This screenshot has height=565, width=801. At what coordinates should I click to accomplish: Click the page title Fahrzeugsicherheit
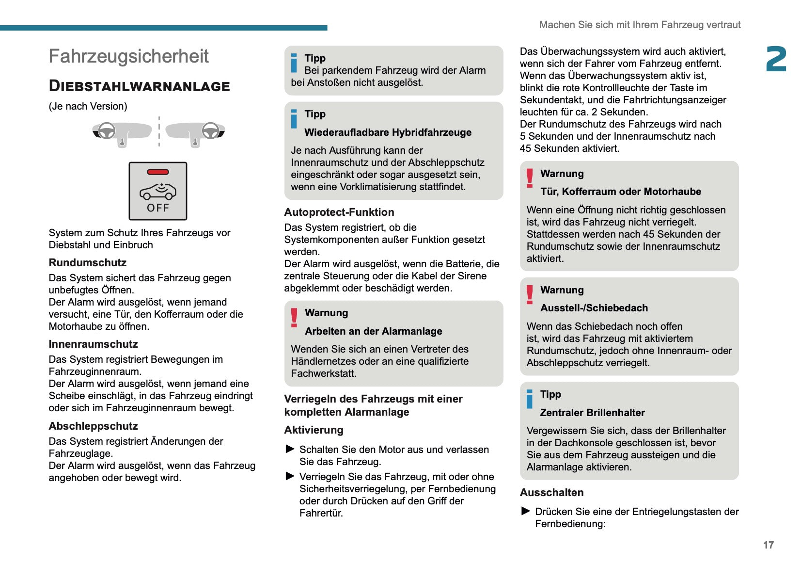click(x=128, y=57)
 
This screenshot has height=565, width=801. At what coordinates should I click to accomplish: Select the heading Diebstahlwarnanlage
click(x=139, y=86)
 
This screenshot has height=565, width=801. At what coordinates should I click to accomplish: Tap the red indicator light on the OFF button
click(x=158, y=172)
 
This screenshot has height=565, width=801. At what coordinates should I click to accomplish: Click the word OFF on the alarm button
click(x=158, y=208)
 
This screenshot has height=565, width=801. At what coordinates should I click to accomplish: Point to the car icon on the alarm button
click(x=158, y=191)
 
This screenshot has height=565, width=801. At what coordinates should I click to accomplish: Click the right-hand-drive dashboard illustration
click(x=195, y=132)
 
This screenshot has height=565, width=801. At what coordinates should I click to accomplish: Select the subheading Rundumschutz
click(x=87, y=263)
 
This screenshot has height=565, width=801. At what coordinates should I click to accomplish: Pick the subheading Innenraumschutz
click(x=93, y=344)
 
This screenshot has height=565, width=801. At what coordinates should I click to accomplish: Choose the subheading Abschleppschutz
click(x=93, y=426)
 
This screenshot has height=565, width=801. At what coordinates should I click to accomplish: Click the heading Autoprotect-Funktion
click(x=339, y=212)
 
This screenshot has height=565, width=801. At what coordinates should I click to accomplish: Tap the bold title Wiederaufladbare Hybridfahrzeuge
click(x=388, y=132)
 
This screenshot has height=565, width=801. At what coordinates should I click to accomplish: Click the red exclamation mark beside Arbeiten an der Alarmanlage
click(x=294, y=318)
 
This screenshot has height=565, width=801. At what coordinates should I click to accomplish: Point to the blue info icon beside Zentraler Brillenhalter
click(x=530, y=399)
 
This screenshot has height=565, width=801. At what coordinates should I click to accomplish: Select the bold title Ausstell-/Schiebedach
click(x=594, y=308)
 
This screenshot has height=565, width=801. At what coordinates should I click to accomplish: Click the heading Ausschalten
click(x=551, y=493)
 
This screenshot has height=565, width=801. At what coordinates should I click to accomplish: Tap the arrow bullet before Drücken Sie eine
click(x=526, y=511)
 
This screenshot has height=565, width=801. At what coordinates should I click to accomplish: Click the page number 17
click(x=768, y=545)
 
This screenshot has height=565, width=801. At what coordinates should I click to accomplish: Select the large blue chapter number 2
click(x=776, y=59)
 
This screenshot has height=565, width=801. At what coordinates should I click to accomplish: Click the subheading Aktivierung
click(x=314, y=430)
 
